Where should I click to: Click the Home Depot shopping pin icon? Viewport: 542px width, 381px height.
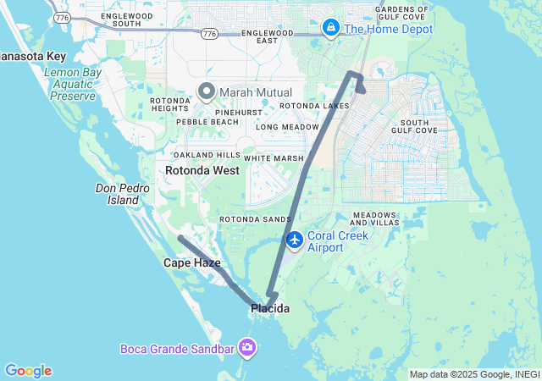pyautogui.click(x=330, y=29)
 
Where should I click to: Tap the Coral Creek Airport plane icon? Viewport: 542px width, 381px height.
pyautogui.click(x=295, y=240)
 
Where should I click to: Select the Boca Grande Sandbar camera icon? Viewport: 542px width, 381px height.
pyautogui.click(x=247, y=347)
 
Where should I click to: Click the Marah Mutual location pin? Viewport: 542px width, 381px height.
pyautogui.click(x=207, y=91)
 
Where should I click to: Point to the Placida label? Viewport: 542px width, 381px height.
pyautogui.click(x=270, y=309)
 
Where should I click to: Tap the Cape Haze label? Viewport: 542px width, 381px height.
pyautogui.click(x=191, y=263)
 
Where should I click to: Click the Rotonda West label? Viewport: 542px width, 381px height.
pyautogui.click(x=202, y=170)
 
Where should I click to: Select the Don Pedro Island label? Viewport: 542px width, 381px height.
pyautogui.click(x=123, y=194)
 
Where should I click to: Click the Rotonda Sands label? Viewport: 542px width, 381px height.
pyautogui.click(x=255, y=219)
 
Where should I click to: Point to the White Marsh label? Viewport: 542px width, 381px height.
pyautogui.click(x=273, y=158)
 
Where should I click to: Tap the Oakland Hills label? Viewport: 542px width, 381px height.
pyautogui.click(x=207, y=155)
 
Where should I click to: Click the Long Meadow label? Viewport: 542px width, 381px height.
pyautogui.click(x=289, y=127)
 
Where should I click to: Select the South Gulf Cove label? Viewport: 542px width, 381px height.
pyautogui.click(x=413, y=125)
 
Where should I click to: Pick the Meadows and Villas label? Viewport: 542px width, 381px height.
pyautogui.click(x=374, y=218)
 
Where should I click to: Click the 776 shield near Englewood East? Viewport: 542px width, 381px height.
pyautogui.click(x=209, y=34)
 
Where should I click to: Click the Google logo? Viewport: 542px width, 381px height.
pyautogui.click(x=28, y=371)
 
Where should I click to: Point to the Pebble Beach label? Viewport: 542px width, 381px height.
pyautogui.click(x=207, y=122)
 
